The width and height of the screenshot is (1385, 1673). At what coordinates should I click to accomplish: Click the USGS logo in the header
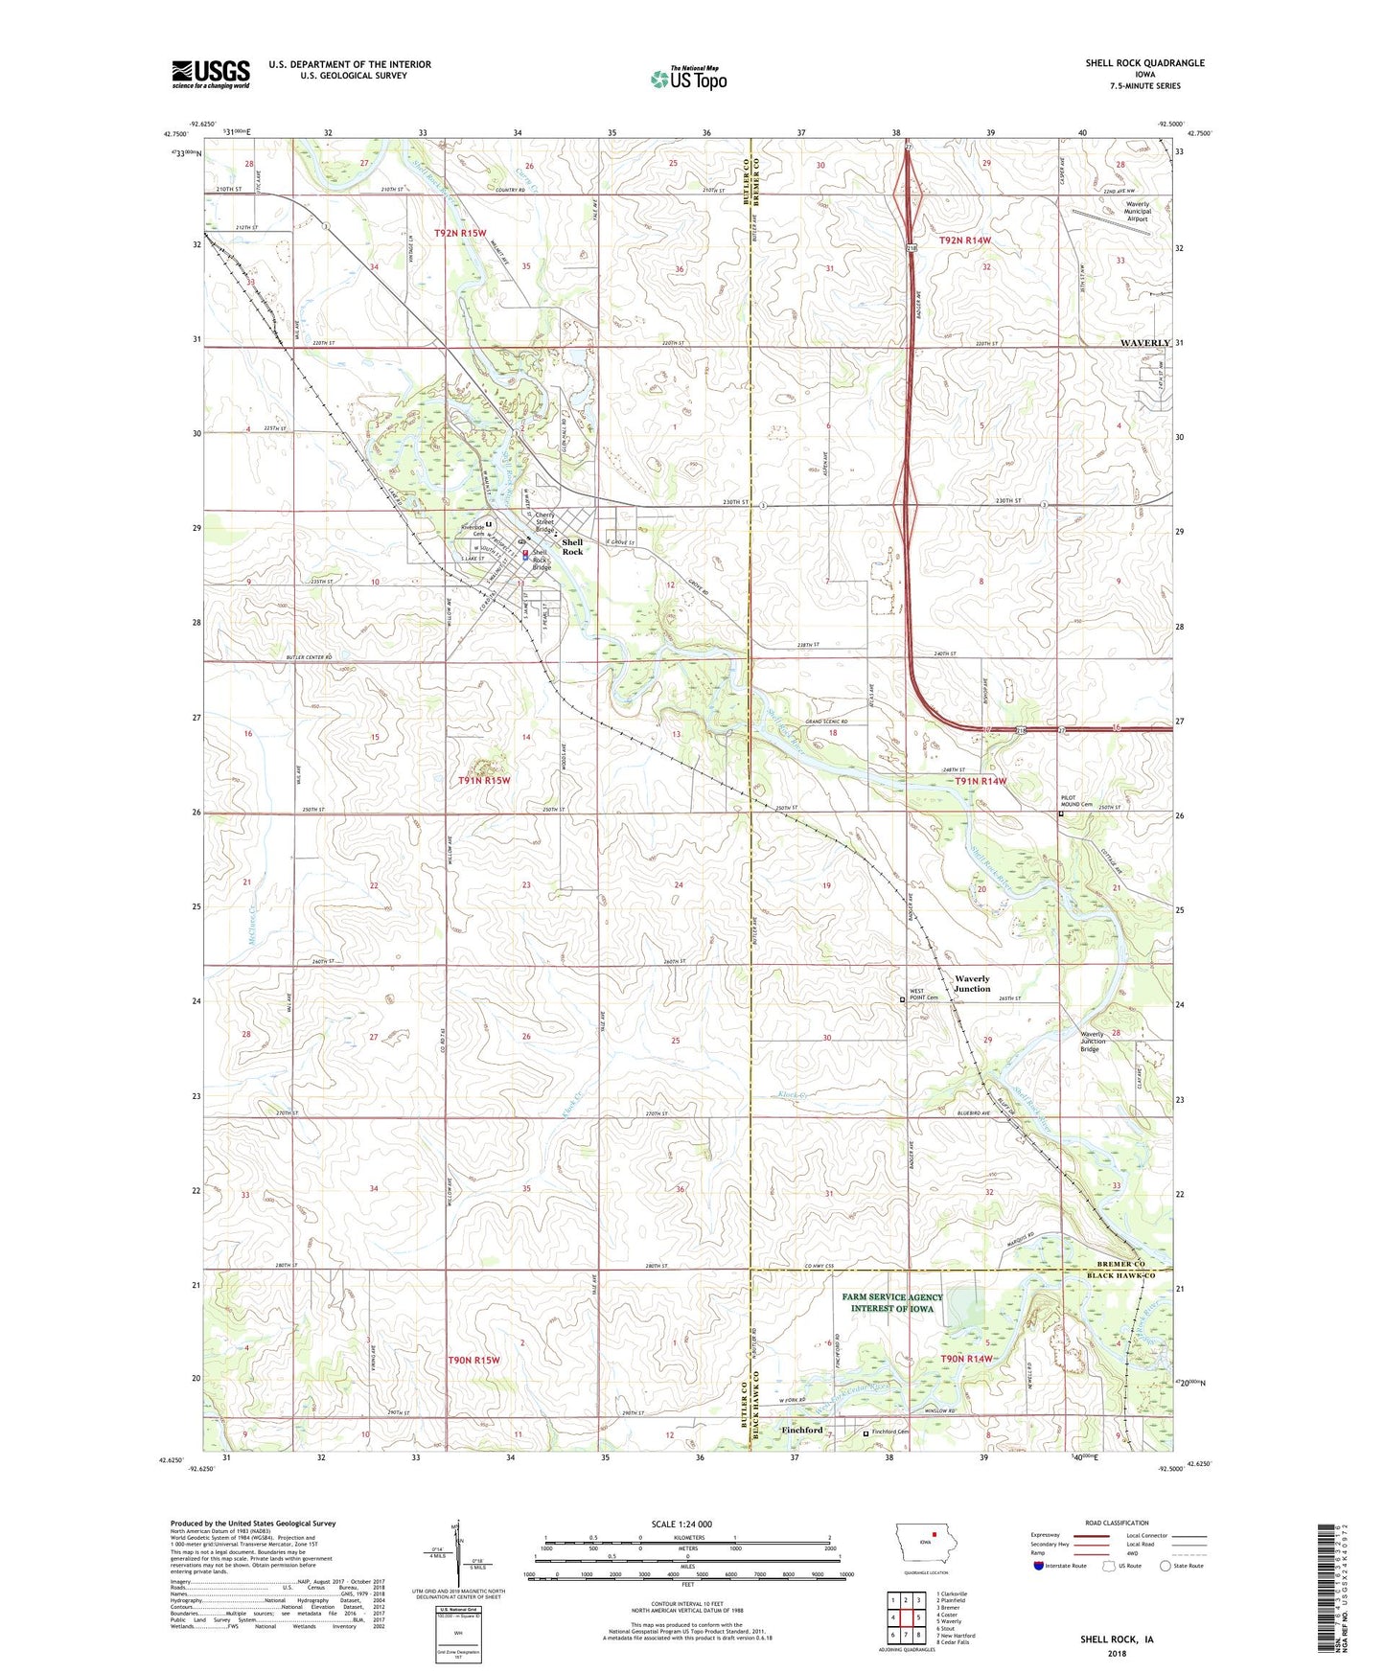211,74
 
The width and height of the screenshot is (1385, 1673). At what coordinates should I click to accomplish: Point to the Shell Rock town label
572,547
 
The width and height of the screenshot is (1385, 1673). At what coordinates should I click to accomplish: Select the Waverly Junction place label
972,983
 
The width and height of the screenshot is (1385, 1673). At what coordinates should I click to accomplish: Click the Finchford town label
802,1430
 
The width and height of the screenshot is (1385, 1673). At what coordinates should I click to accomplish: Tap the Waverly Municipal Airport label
1137,212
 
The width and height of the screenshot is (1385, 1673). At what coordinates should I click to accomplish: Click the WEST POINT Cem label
923,995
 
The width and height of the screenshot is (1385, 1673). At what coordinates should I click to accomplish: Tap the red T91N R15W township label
484,780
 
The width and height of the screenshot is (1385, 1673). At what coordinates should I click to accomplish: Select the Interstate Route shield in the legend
1039,1566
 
